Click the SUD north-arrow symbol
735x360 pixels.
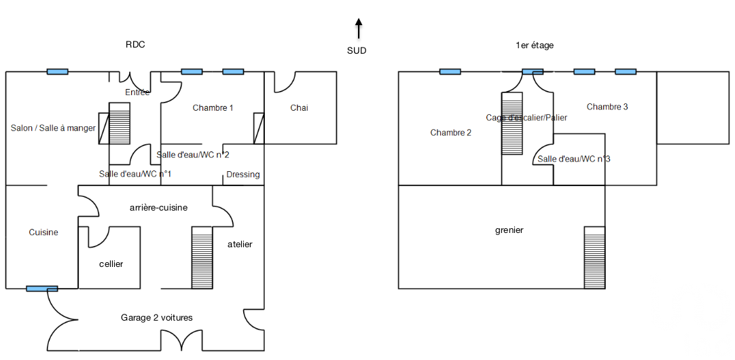click(358, 29)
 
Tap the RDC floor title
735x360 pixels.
click(135, 45)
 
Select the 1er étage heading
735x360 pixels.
click(535, 46)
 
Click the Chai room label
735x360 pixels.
click(299, 108)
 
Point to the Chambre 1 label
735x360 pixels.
click(213, 108)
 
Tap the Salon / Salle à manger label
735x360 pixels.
click(53, 128)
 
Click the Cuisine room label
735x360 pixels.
click(43, 232)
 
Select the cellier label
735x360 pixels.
click(111, 264)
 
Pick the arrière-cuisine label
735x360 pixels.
click(158, 208)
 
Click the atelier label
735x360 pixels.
click(240, 245)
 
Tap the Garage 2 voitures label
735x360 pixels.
click(156, 318)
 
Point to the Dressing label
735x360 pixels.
click(243, 175)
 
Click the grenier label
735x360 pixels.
click(509, 230)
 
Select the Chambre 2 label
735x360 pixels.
click(450, 133)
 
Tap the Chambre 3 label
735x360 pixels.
click(607, 107)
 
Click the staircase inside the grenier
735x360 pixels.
click(594, 257)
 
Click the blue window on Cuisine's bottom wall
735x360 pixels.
click(41, 289)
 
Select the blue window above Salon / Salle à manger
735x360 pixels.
click(57, 72)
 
